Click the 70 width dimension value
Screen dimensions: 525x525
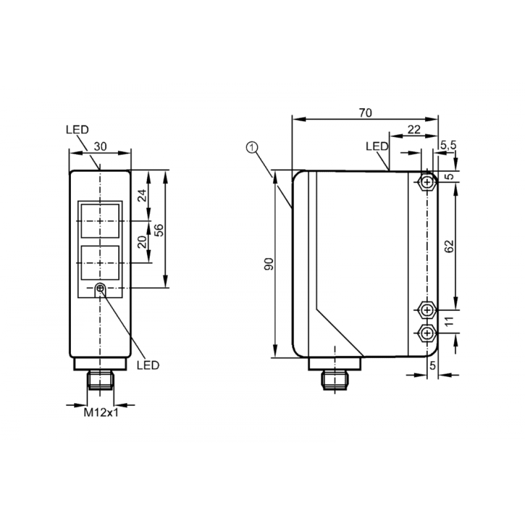click(365, 113)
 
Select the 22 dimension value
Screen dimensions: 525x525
click(414, 130)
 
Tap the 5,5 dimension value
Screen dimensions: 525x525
click(448, 145)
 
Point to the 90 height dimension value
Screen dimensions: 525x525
click(269, 264)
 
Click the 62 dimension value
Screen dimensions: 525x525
click(450, 246)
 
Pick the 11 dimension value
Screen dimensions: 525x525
click(449, 321)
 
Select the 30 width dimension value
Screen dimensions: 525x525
click(100, 146)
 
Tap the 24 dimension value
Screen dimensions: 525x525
click(142, 195)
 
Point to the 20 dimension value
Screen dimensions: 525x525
click(142, 241)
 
